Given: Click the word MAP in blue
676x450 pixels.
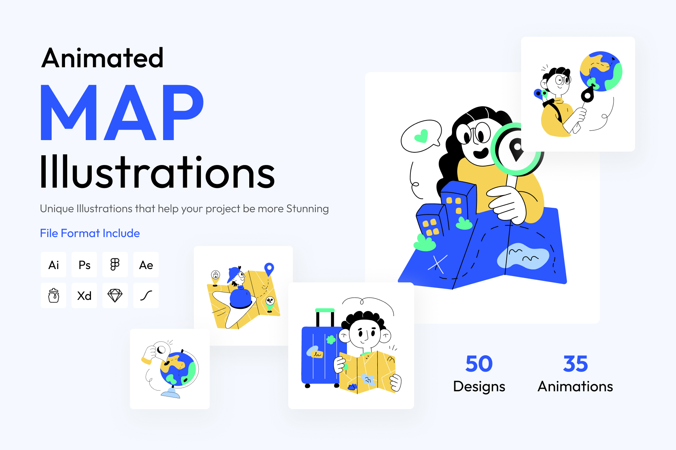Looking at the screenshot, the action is click(x=122, y=113).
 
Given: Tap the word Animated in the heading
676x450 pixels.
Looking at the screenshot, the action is click(x=103, y=58).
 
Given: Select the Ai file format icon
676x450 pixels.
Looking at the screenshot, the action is click(x=53, y=265).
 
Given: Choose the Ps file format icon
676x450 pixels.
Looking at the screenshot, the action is click(x=84, y=265).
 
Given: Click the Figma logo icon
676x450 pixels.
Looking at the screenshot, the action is click(x=115, y=265).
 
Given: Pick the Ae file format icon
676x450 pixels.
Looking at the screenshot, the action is click(x=146, y=265).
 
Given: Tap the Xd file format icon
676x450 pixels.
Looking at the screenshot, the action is click(x=84, y=296).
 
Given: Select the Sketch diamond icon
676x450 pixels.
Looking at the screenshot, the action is click(x=115, y=296).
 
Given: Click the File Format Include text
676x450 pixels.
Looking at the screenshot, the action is click(x=90, y=233).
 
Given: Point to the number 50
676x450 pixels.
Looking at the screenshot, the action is click(x=479, y=364).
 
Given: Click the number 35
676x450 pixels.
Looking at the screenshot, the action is click(x=576, y=364).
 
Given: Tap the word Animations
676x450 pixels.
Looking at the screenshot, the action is click(x=575, y=386).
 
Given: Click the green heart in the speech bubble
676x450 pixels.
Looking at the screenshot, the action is click(x=422, y=136).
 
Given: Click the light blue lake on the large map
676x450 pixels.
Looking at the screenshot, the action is click(x=523, y=256).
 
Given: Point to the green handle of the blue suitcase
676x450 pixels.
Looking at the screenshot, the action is click(x=325, y=310).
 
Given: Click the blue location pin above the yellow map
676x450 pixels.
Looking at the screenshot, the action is click(x=269, y=269).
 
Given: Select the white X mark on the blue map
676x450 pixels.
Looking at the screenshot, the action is click(x=438, y=264).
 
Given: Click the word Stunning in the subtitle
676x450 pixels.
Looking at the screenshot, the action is click(x=308, y=209).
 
